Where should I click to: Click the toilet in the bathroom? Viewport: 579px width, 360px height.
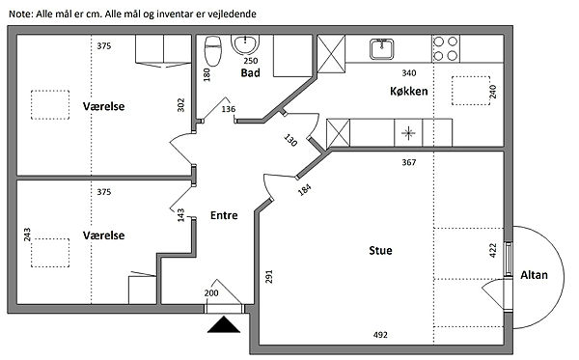tap(213, 50)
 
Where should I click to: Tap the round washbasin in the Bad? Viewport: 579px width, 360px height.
tap(245, 45)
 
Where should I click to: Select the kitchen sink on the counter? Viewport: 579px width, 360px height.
tap(381, 48)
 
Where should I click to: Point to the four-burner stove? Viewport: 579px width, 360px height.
tap(446, 48)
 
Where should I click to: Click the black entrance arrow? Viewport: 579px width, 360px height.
tap(224, 324)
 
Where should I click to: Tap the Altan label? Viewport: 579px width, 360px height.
tap(534, 275)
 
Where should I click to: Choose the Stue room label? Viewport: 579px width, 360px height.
tap(380, 250)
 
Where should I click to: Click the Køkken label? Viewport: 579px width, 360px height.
tap(409, 91)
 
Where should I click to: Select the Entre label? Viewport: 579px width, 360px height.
tap(224, 215)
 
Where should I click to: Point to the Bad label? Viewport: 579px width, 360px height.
tap(250, 72)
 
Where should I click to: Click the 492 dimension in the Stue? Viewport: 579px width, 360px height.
tap(380, 335)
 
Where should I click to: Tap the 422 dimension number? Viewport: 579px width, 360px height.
tap(492, 250)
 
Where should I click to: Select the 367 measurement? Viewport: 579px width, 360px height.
tap(409, 162)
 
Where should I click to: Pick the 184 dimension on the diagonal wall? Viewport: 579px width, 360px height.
tap(305, 190)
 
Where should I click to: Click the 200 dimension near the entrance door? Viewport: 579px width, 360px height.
tap(211, 293)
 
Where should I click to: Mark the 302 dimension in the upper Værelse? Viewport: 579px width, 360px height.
tap(180, 105)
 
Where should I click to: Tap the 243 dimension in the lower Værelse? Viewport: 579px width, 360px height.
tap(27, 235)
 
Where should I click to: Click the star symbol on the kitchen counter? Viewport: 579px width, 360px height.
tap(408, 133)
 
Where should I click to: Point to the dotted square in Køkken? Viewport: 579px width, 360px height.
tap(471, 91)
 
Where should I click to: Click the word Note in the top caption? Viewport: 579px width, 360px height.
tap(21, 14)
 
